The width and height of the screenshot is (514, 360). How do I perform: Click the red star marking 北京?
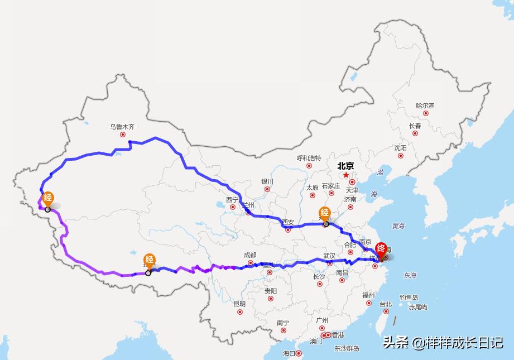(x=346, y=175)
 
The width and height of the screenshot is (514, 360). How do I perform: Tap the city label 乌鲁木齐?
(x=122, y=127)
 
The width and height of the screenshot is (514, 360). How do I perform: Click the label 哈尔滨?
(x=425, y=105)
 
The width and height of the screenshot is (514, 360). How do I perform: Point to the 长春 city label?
(x=415, y=126)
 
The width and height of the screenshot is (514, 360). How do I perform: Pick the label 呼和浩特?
(x=309, y=158)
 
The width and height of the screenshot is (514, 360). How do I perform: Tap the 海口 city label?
(x=289, y=353)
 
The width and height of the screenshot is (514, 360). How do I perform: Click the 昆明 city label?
(x=239, y=304)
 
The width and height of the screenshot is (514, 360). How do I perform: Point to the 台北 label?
(x=385, y=304)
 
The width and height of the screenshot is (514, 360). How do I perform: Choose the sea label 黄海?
(x=398, y=226)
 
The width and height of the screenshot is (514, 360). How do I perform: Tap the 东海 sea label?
(x=410, y=275)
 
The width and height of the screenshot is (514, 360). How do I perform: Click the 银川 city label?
(x=267, y=181)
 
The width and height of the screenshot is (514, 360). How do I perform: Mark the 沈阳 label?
(x=400, y=148)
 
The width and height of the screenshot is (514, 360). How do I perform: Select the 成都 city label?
(x=249, y=255)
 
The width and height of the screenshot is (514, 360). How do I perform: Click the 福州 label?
(x=368, y=295)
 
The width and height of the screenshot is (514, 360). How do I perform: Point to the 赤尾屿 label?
(x=417, y=307)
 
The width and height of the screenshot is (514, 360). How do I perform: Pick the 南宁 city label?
(x=283, y=323)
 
